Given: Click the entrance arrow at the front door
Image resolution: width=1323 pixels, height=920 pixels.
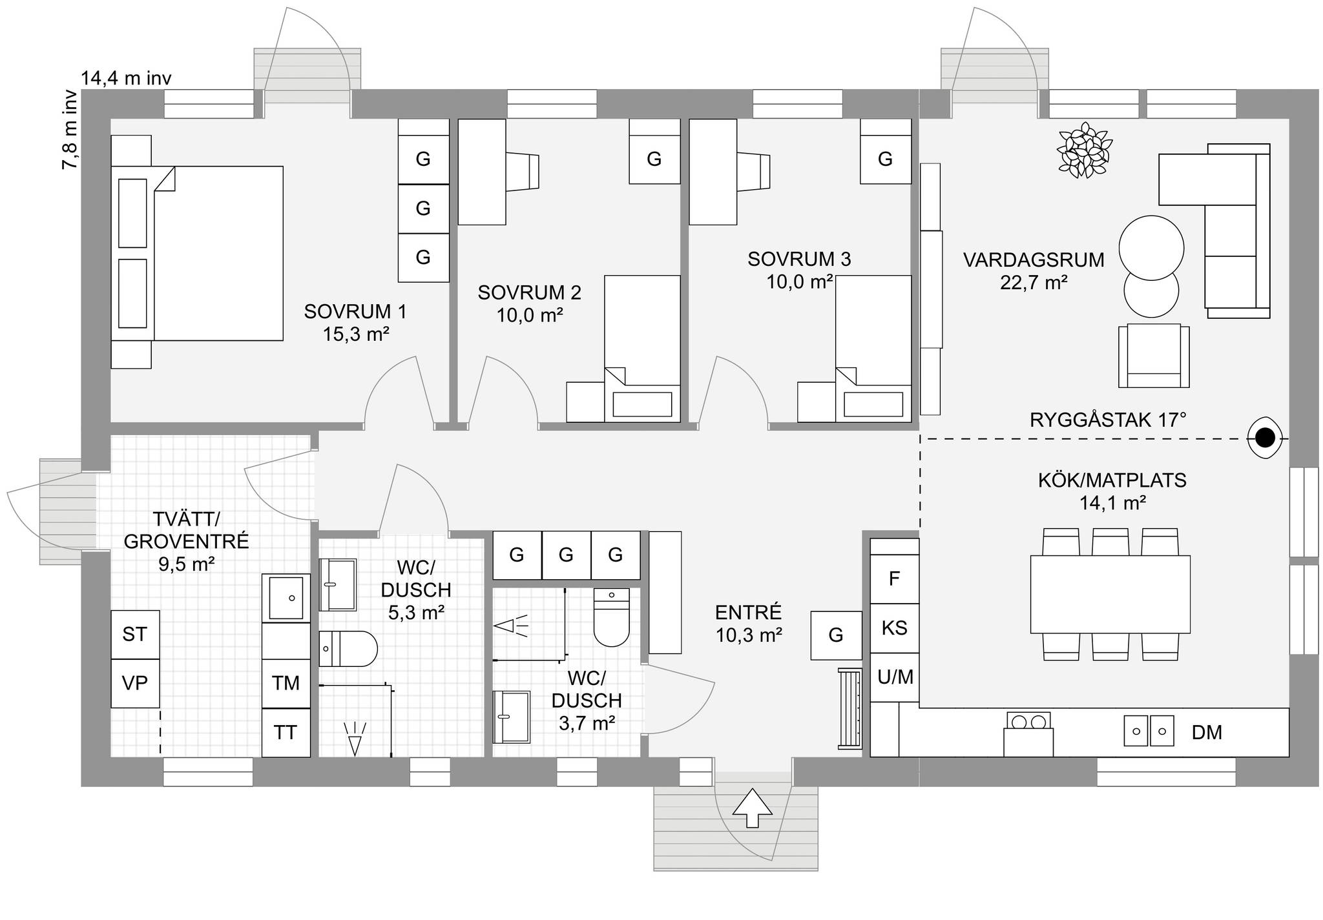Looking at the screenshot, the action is click(753, 807).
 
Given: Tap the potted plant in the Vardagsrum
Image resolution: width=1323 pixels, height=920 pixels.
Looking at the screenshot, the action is click(1085, 150).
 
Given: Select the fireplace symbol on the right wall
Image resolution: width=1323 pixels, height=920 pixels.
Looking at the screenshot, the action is click(1265, 438).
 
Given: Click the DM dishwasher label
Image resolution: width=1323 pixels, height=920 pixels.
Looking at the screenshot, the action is click(1207, 732).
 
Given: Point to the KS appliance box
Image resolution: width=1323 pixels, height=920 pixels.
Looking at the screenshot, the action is click(895, 628).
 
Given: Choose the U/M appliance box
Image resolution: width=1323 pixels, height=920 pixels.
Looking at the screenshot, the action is click(895, 677).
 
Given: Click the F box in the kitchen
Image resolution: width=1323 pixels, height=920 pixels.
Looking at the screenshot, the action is click(895, 579).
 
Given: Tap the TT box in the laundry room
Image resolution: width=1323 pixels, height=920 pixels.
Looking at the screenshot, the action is click(286, 733).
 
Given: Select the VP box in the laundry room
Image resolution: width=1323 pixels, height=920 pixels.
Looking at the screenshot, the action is click(135, 683).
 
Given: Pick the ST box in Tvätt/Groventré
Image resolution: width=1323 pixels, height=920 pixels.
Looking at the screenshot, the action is click(135, 635).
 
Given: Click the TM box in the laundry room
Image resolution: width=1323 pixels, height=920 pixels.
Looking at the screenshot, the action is click(286, 684).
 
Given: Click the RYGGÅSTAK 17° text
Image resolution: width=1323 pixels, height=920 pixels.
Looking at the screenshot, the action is click(1108, 420).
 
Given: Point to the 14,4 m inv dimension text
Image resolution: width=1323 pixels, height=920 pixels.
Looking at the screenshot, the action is click(126, 79).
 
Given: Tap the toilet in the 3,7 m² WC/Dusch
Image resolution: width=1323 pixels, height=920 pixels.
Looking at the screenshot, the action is click(611, 617).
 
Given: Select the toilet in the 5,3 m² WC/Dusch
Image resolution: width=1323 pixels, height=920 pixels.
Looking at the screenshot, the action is click(348, 649).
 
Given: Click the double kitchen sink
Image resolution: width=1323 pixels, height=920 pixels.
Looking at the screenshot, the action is click(1149, 731).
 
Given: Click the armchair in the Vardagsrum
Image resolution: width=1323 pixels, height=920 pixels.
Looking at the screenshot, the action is click(1154, 356).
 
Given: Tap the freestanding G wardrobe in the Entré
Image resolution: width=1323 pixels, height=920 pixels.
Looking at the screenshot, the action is click(837, 635).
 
